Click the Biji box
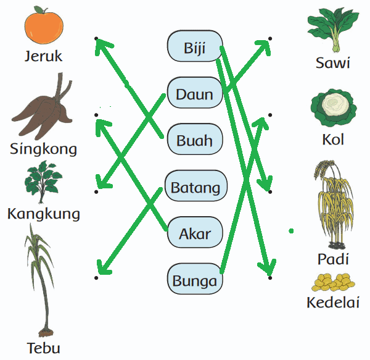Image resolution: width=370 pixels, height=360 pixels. coord(194,47)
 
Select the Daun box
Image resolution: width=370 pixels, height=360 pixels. coord(194,94)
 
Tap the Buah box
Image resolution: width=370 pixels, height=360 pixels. coord(194,140)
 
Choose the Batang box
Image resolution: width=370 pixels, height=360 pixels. coord(195,187)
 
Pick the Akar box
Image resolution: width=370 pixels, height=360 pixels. coord(194,233)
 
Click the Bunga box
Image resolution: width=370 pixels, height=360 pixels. coord(194,281)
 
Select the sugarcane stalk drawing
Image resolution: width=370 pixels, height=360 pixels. coord(39,278)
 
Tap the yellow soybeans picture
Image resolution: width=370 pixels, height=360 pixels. coord(333,283)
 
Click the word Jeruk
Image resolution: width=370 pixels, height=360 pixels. coord(44,57)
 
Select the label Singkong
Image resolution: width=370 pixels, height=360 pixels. coord(44,149)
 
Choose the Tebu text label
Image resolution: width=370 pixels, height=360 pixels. coord(44,348)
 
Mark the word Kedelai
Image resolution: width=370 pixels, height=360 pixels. coord(334,303)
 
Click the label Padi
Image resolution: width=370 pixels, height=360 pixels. coord(333,259)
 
